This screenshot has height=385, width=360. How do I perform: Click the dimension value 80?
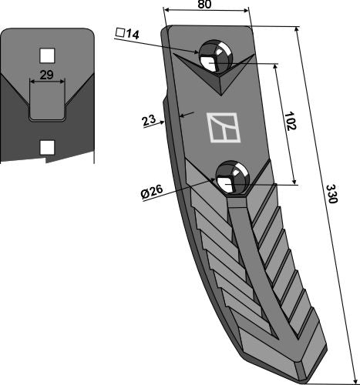[x=204, y=5]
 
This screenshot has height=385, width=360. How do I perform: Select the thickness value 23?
[x=150, y=120]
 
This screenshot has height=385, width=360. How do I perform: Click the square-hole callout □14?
[x=126, y=33]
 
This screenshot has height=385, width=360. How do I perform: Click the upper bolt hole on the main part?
[x=214, y=57]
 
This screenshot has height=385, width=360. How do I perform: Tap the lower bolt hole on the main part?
[x=230, y=178]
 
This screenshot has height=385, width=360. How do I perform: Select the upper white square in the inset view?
[x=47, y=55]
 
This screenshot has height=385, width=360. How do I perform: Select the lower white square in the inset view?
[x=47, y=145]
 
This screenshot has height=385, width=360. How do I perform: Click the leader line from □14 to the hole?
[x=170, y=47]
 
